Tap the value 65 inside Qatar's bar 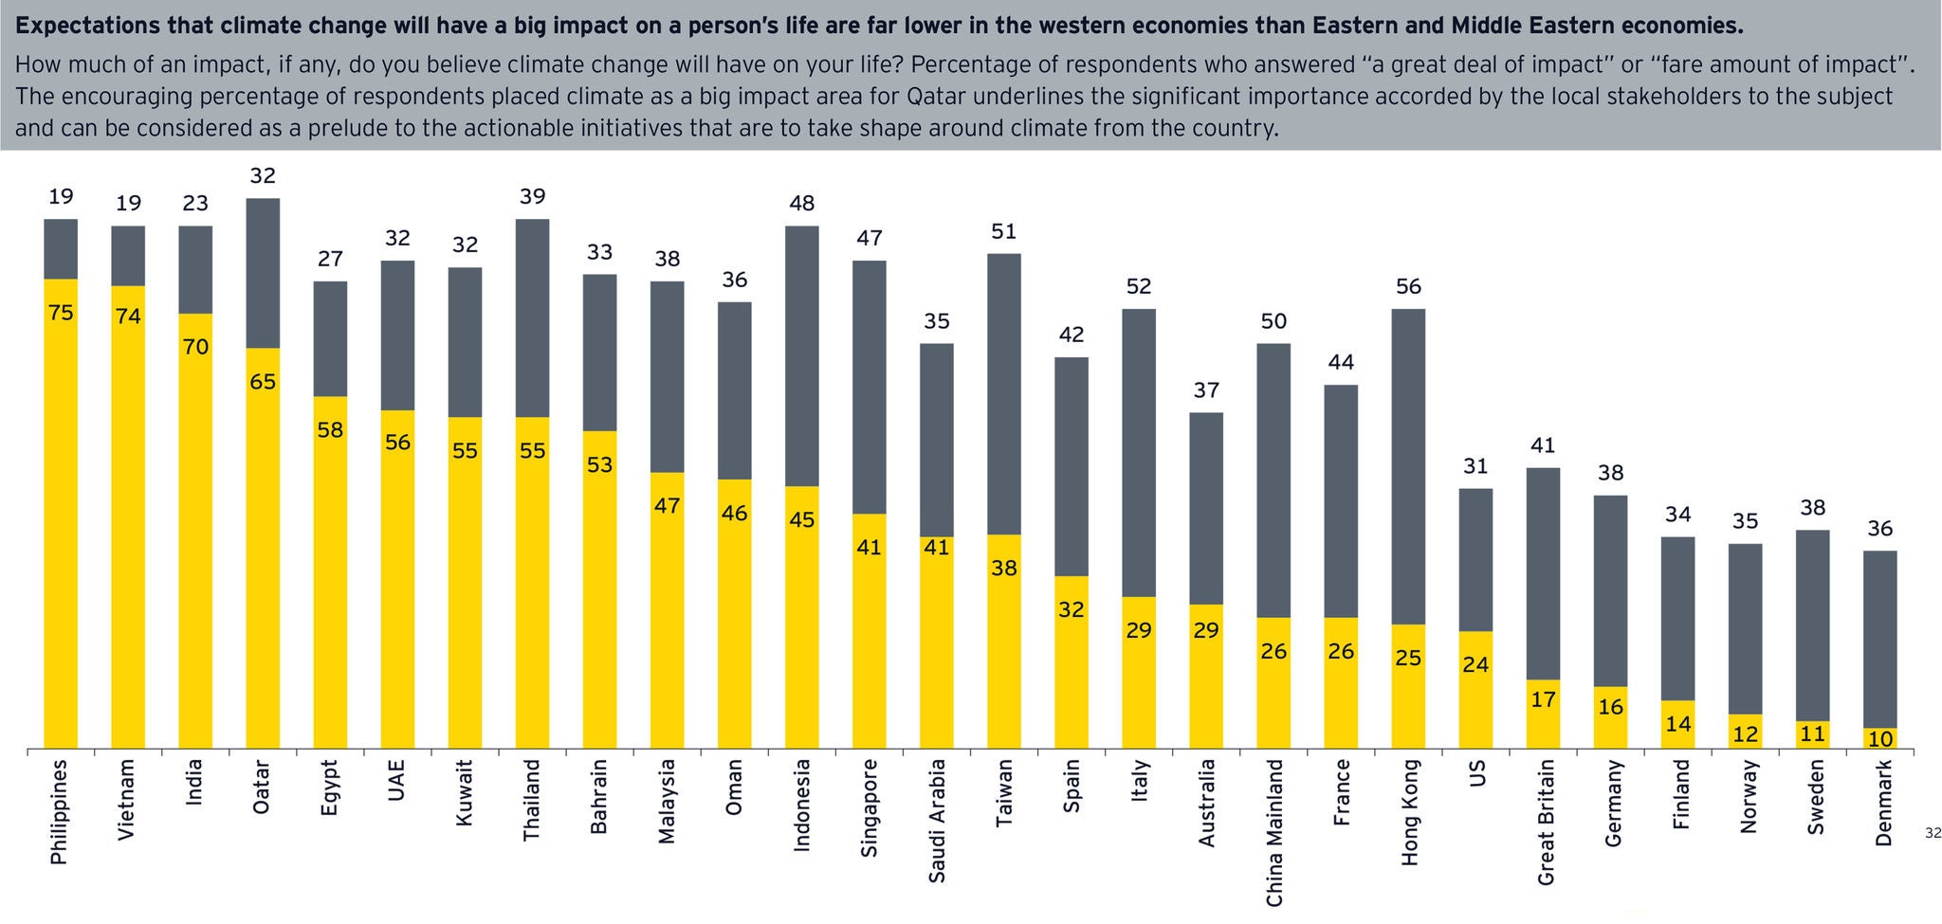click(x=263, y=382)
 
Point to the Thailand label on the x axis click(x=532, y=800)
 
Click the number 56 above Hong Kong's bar click(x=1409, y=286)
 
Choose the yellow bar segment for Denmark click(x=1880, y=739)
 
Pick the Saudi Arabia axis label click(x=937, y=821)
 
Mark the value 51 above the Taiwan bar click(x=1004, y=231)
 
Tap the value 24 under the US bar click(x=1475, y=664)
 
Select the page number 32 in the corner click(x=1933, y=833)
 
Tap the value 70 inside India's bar click(x=195, y=347)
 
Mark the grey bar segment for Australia click(x=1206, y=508)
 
